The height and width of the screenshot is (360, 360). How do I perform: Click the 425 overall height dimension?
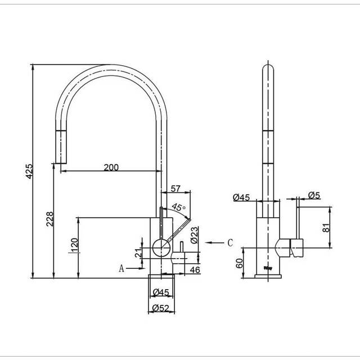tap(29, 171)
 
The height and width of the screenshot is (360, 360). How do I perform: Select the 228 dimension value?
tap(50, 219)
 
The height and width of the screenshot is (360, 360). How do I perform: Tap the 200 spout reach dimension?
tap(111, 168)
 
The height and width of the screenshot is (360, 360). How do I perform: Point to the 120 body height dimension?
tap(75, 245)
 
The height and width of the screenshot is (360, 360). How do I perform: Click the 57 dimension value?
tap(175, 189)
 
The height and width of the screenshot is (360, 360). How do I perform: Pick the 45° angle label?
tap(179, 207)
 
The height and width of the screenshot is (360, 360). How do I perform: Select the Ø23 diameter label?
tap(194, 235)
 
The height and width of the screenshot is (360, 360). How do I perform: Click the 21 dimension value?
tap(138, 253)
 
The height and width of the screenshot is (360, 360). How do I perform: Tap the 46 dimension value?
tap(195, 270)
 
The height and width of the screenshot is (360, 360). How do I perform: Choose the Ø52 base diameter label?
tap(161, 308)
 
